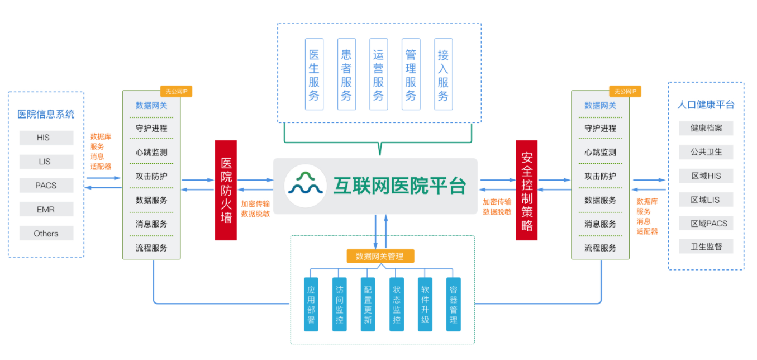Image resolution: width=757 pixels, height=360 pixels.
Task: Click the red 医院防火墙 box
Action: coord(226,190)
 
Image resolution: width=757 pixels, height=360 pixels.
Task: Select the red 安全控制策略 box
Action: coord(526,190)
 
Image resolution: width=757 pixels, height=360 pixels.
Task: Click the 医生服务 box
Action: coord(314,74)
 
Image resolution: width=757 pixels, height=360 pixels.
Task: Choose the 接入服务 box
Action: coord(443,74)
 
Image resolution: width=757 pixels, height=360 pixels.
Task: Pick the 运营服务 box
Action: coord(379,74)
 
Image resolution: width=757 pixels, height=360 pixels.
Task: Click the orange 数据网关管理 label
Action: coord(380,257)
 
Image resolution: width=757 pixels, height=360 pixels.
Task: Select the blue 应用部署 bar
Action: coord(311,304)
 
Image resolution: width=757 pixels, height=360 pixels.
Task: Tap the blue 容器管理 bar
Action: coord(454,304)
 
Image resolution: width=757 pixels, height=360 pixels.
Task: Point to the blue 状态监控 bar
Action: coord(397,304)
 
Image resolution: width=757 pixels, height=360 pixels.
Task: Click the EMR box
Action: coord(46,210)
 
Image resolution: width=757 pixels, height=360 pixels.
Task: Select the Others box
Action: coord(46,234)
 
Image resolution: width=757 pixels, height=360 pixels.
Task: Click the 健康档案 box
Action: coord(706,128)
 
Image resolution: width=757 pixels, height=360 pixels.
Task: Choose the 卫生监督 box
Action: coord(706,247)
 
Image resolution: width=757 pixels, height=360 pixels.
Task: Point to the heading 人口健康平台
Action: coord(706,105)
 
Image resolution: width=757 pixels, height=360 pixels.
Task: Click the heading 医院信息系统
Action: coord(46,115)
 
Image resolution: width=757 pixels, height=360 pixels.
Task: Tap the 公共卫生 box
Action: coord(706,151)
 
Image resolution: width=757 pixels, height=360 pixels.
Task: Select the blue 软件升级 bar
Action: coord(425,304)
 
